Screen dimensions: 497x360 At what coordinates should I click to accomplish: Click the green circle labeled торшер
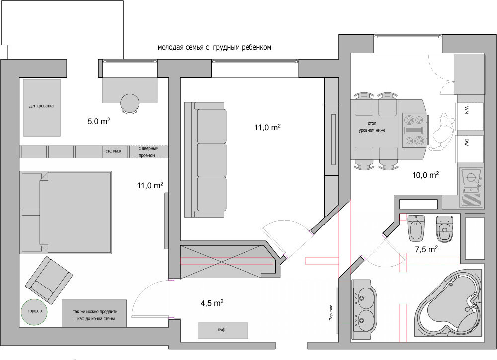[34, 312]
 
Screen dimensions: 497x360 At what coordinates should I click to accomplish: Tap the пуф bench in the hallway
[223, 330]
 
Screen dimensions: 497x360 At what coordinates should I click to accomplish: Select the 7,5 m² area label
[426, 249]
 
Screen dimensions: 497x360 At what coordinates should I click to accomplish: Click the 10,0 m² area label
[425, 174]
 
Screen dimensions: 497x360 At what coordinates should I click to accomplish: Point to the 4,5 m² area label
[212, 303]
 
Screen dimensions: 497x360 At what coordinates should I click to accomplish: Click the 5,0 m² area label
[99, 121]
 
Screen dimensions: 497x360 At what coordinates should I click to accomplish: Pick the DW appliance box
[470, 149]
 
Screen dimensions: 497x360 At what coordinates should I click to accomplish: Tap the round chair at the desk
[130, 104]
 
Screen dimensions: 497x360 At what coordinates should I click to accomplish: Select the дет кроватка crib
[42, 108]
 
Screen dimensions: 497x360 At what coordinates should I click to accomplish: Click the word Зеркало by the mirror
[331, 313]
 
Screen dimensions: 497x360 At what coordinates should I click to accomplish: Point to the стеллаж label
[113, 151]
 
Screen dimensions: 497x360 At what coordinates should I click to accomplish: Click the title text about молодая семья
[214, 48]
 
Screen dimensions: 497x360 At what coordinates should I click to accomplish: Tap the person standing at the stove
[442, 133]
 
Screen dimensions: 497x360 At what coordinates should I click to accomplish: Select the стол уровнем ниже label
[372, 127]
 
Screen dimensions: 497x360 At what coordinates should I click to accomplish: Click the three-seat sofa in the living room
[206, 160]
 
